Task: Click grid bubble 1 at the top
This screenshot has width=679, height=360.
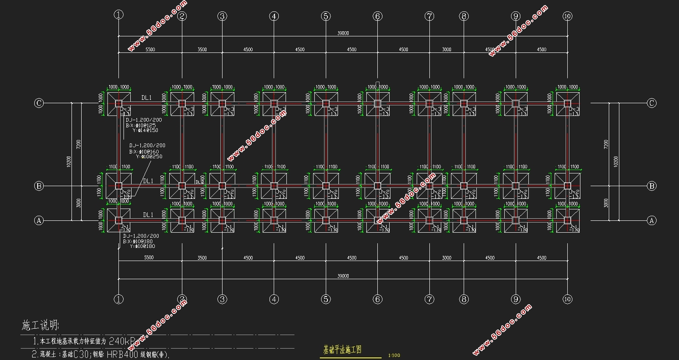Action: tap(118, 15)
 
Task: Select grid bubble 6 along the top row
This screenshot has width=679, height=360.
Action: tap(377, 16)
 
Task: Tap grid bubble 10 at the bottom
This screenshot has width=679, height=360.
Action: tap(567, 299)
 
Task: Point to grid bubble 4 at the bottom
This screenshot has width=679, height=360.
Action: tap(274, 300)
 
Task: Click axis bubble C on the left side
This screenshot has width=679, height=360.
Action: tap(39, 103)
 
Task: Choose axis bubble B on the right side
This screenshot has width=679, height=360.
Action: tap(652, 186)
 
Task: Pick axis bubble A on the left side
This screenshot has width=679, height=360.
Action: tap(39, 220)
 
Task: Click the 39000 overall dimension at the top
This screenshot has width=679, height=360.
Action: tap(343, 33)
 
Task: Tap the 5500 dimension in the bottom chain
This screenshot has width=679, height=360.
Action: tap(149, 258)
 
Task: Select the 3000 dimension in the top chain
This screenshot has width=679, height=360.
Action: tap(447, 49)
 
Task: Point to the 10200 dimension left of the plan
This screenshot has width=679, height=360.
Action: tap(69, 162)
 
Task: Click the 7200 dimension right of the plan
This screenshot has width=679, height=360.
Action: tap(606, 145)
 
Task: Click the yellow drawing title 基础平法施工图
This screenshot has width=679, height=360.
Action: tap(342, 350)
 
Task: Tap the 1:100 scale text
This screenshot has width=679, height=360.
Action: tap(393, 355)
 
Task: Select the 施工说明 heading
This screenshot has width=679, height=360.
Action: tap(40, 325)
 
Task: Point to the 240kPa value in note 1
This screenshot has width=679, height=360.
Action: tap(123, 341)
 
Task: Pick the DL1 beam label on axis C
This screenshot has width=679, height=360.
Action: tap(146, 98)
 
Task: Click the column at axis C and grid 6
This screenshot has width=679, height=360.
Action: tap(377, 104)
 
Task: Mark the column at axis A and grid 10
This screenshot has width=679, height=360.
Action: tap(567, 220)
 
